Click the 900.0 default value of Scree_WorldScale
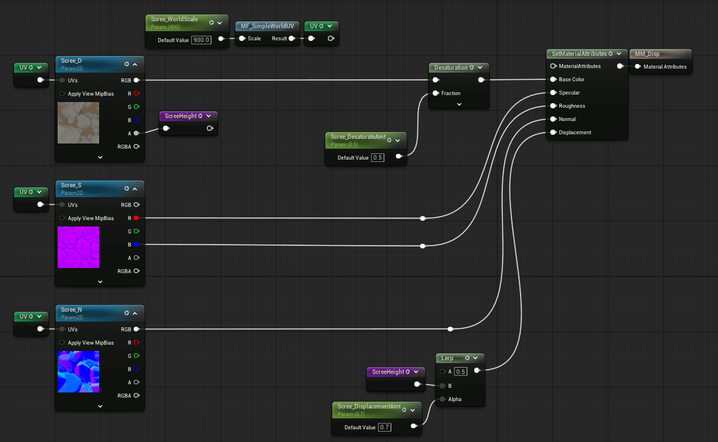pos(202,40)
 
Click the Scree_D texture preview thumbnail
pos(78,123)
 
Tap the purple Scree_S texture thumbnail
pos(78,247)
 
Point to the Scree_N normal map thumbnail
pos(78,372)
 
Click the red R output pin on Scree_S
pos(137,218)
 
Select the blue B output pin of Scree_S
pos(137,244)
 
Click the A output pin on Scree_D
pos(137,133)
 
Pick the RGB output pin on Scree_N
pos(137,329)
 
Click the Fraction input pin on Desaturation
pos(436,93)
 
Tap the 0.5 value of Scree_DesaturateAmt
pos(377,158)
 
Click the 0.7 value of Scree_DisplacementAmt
pos(385,428)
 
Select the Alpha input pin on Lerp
pos(442,399)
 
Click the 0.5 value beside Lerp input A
pos(460,372)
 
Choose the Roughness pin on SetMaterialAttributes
pos(553,106)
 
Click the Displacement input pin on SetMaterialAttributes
pos(553,133)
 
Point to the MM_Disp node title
pos(647,54)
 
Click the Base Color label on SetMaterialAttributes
pos(571,80)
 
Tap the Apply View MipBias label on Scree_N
pos(90,343)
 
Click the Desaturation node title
pos(451,67)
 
